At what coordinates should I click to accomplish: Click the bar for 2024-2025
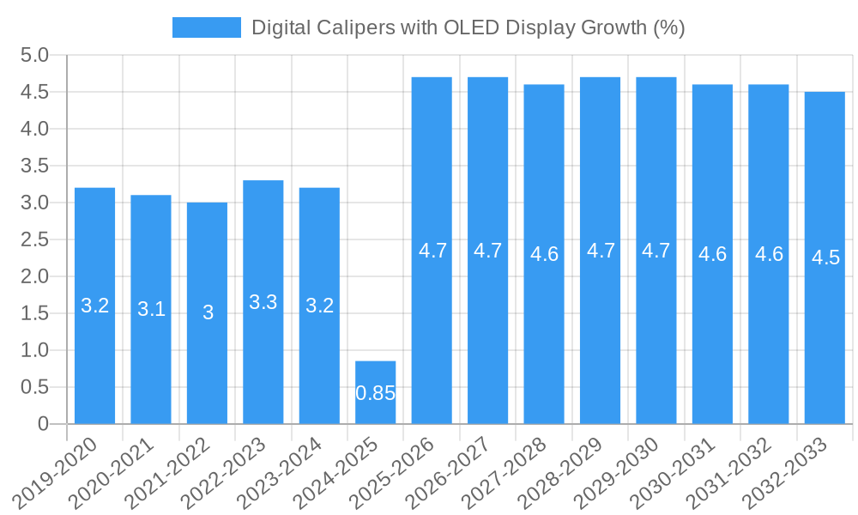point(376,392)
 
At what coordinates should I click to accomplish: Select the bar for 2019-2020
point(95,306)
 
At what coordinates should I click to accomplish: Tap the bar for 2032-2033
point(825,257)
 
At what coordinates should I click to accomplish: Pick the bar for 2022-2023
point(263,302)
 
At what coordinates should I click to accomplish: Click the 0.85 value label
point(376,393)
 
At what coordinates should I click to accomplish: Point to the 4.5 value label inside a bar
point(825,257)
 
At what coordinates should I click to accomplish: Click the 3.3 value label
point(263,302)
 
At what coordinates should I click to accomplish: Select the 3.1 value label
point(151,309)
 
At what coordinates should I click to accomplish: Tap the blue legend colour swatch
point(207,27)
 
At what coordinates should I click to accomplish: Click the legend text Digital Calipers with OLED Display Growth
point(468,27)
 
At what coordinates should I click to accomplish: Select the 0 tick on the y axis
point(43,424)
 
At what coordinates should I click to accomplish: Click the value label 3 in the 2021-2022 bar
point(208,312)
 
